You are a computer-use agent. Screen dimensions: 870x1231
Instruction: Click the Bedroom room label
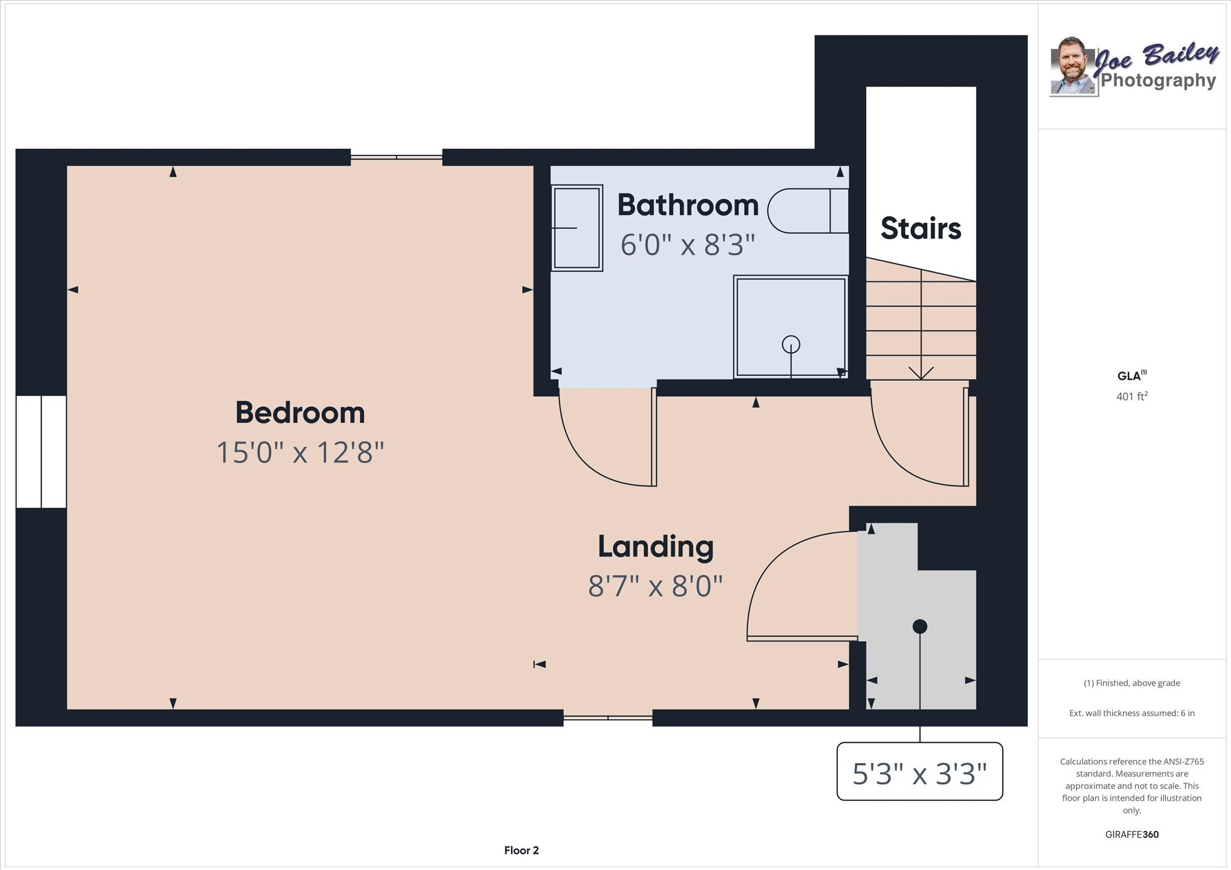[300, 413]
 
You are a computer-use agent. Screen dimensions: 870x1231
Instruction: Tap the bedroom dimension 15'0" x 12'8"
[300, 452]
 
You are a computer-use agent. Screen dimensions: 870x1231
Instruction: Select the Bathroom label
[688, 205]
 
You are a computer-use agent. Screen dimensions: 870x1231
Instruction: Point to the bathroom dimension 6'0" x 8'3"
[688, 245]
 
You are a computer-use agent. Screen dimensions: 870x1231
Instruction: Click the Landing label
[655, 546]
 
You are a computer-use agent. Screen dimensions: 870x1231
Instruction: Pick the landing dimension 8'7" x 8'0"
[655, 586]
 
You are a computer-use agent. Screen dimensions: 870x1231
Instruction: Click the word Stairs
[920, 228]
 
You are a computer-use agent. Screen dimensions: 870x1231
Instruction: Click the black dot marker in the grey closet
[920, 627]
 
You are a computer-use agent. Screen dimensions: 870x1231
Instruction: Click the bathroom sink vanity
[577, 228]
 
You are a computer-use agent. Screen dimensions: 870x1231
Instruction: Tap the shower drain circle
[791, 344]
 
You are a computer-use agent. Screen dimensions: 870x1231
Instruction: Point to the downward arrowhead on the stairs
[921, 373]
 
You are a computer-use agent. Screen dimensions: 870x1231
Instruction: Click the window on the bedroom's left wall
[41, 451]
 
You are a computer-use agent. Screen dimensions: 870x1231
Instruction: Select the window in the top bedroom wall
[397, 157]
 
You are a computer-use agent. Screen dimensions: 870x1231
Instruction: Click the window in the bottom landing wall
[608, 717]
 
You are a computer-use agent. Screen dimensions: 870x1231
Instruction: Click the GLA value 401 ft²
[1132, 397]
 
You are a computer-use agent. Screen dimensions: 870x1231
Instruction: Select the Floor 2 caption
[521, 850]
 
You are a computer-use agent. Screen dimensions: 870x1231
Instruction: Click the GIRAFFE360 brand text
[1132, 835]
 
